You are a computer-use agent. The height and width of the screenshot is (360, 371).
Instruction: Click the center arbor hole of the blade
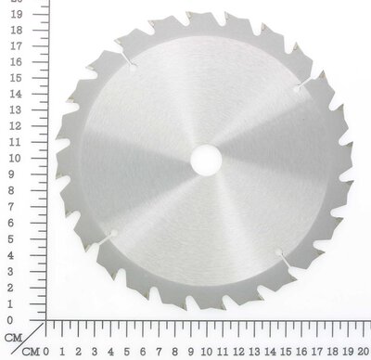206,161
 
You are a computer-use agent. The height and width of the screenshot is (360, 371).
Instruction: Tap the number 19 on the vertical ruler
16,14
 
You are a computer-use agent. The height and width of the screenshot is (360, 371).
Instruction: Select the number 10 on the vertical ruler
15,158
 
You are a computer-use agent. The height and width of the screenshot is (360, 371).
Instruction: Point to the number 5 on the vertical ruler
10,239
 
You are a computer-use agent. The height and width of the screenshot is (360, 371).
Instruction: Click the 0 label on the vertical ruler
10,320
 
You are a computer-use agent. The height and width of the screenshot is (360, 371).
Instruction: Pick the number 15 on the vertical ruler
16,78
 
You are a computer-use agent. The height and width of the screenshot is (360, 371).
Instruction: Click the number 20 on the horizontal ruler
364,352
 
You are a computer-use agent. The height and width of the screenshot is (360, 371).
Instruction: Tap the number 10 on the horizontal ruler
206,352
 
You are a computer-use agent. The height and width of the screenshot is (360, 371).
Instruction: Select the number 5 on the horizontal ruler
126,352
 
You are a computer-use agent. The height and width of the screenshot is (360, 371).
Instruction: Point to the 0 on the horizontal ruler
45,352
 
